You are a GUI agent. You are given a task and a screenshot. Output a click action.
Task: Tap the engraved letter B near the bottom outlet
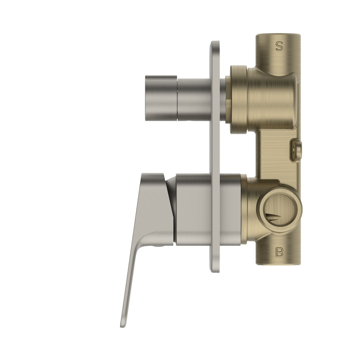point(279,252)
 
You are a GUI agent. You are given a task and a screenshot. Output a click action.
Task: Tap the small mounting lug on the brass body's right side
point(297,148)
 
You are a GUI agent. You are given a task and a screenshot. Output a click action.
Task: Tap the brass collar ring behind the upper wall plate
point(237,95)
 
